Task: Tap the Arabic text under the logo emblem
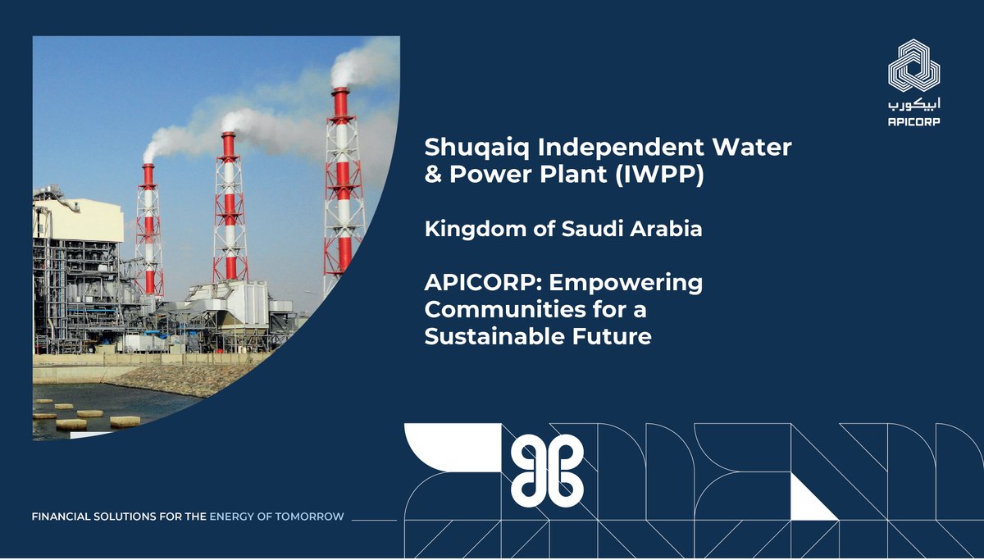coord(914,104)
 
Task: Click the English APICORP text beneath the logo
coord(914,121)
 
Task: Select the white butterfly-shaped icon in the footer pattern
coord(548,469)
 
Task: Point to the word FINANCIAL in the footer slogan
coord(65,517)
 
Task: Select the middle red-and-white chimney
coord(229,205)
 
